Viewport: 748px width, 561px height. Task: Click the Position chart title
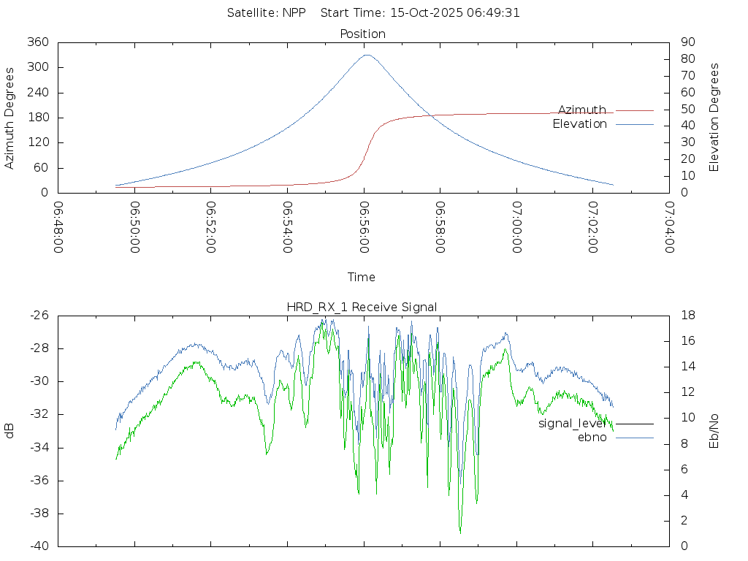point(363,34)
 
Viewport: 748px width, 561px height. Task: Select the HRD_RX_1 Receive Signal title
point(362,307)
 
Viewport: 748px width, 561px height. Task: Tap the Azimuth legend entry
point(582,110)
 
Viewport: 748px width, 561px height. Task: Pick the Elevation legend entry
point(580,124)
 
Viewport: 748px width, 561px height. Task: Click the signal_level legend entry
point(573,423)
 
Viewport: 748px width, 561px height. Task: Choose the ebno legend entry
point(592,438)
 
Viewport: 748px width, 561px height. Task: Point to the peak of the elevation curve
point(367,55)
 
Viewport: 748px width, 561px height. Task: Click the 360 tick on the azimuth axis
point(37,42)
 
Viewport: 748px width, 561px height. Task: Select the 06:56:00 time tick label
point(364,227)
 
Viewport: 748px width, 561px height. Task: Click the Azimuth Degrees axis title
point(9,118)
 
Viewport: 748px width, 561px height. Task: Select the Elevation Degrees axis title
point(714,117)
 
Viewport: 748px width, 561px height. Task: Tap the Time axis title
point(362,277)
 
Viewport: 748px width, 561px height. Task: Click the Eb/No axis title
point(714,430)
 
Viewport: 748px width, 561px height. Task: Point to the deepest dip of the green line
point(460,533)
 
